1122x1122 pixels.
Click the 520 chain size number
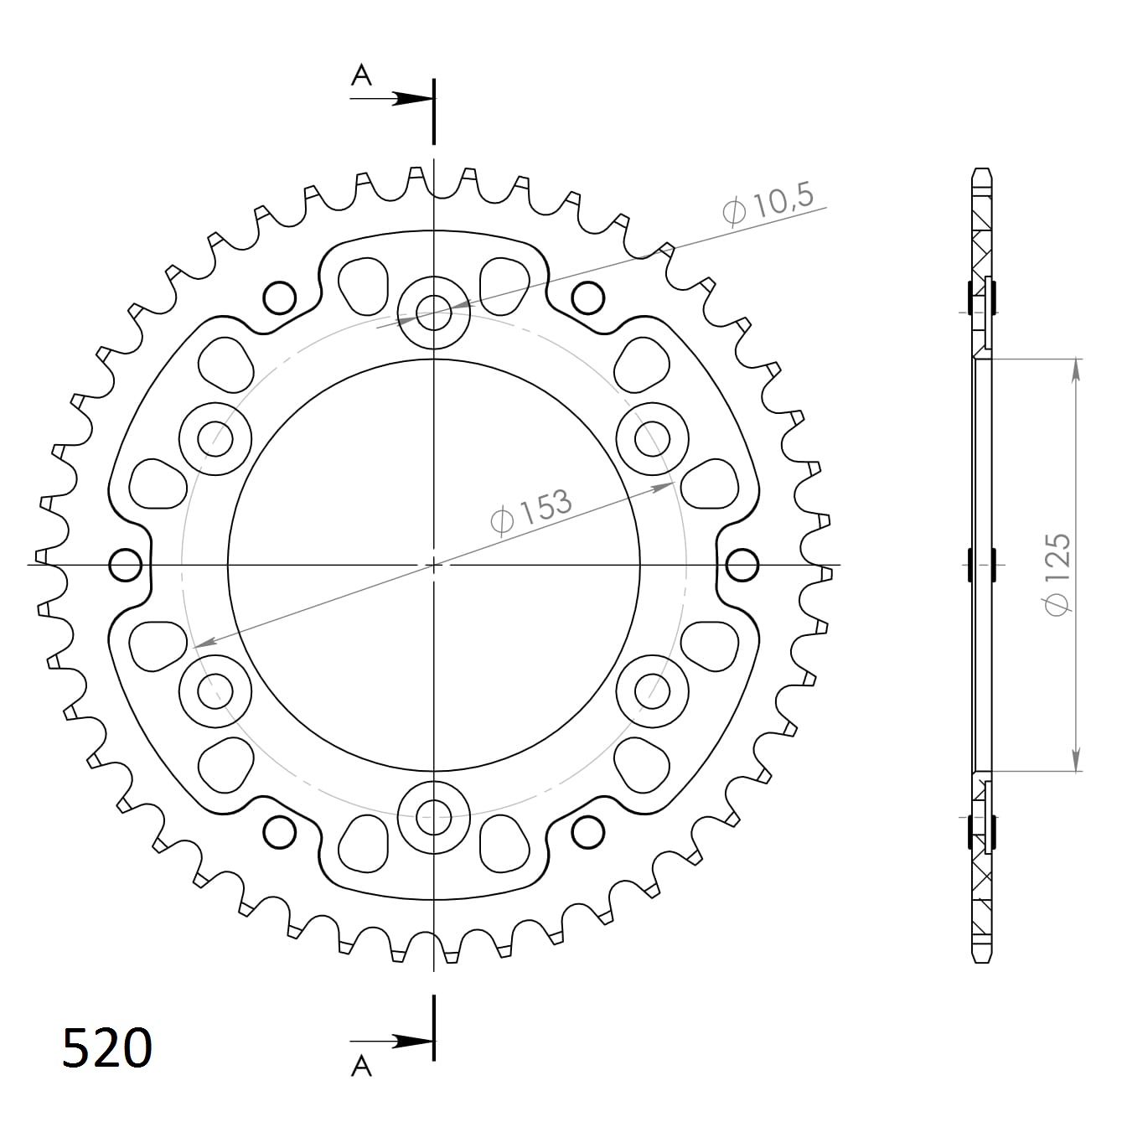coord(107,1047)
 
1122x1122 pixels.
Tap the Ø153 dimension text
coord(531,510)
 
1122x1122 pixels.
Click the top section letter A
coord(360,75)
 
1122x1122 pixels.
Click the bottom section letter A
coord(360,1065)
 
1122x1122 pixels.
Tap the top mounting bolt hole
coord(434,313)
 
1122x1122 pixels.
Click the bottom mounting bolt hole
coord(434,814)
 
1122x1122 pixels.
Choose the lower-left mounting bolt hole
coord(215,690)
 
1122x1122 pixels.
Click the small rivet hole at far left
coord(126,565)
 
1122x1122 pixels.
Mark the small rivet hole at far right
coord(742,565)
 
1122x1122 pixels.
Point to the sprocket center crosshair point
coord(434,565)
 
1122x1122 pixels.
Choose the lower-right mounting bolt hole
coord(651,690)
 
